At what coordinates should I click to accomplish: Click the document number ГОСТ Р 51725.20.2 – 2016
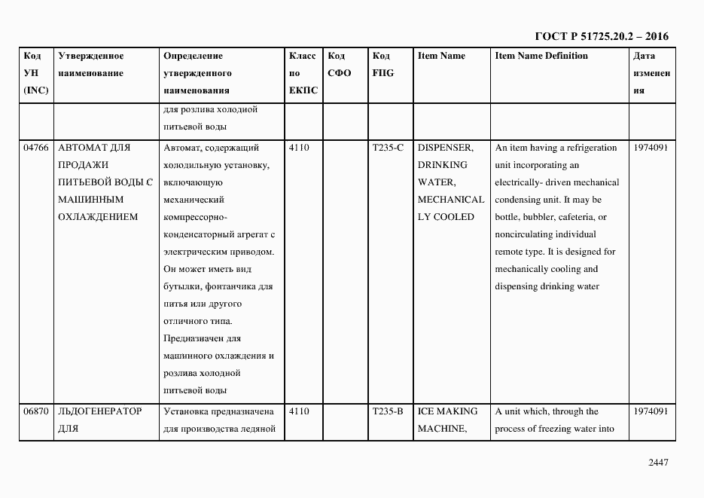pyautogui.click(x=601, y=36)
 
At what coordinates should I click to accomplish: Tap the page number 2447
pyautogui.click(x=658, y=463)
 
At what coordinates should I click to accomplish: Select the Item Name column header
pyautogui.click(x=441, y=56)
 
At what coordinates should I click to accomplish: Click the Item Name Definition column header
pyautogui.click(x=541, y=56)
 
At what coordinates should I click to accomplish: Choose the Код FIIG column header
pyautogui.click(x=382, y=65)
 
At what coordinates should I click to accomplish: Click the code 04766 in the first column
pyautogui.click(x=35, y=148)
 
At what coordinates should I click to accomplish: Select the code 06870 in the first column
pyautogui.click(x=35, y=411)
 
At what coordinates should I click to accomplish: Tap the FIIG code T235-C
pyautogui.click(x=388, y=148)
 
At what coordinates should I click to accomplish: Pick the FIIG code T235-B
pyautogui.click(x=388, y=411)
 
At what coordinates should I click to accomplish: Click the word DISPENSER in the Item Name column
pyautogui.click(x=445, y=148)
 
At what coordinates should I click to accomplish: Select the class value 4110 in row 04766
pyautogui.click(x=299, y=148)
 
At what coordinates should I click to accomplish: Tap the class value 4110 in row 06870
pyautogui.click(x=299, y=411)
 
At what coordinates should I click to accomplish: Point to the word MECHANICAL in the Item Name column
pyautogui.click(x=451, y=200)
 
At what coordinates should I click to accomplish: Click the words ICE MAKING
pyautogui.click(x=447, y=411)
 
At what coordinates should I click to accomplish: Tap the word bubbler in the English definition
pyautogui.click(x=541, y=217)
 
